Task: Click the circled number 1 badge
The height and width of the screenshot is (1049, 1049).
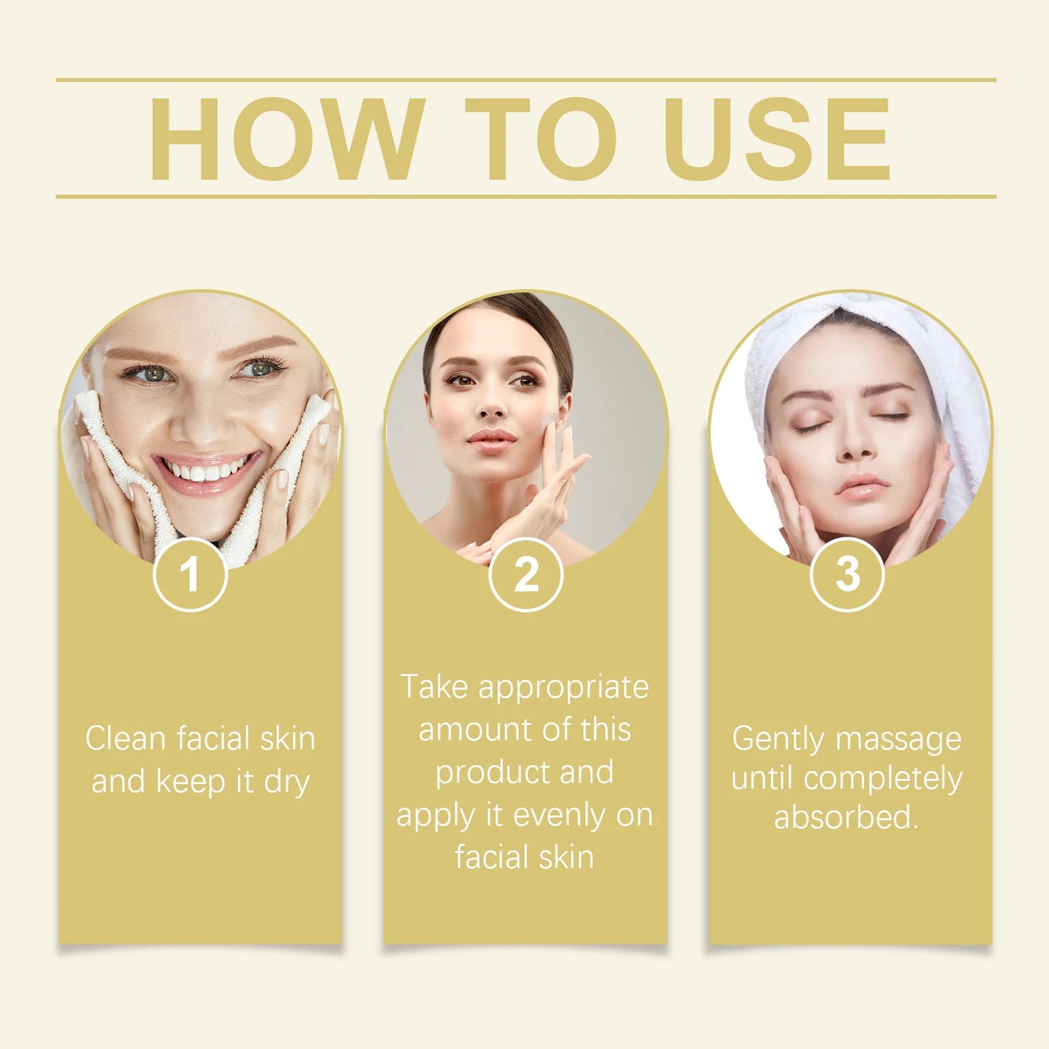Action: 190,574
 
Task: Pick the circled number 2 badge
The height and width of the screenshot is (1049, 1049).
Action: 526,574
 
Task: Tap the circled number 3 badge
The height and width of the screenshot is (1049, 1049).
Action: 846,574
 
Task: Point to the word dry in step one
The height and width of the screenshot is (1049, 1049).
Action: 287,782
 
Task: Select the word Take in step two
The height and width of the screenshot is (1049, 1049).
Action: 434,687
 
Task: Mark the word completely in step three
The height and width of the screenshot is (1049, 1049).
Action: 883,778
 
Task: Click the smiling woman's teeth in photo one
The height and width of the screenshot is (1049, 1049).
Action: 206,470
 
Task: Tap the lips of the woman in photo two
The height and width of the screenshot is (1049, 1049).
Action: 491,440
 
